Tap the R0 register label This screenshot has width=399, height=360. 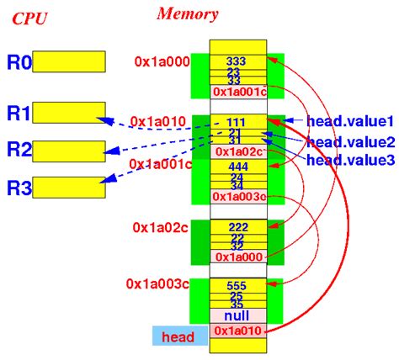[19, 61]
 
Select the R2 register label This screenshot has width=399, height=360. [19, 150]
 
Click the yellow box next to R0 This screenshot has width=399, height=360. [70, 61]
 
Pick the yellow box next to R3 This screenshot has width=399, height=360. [70, 186]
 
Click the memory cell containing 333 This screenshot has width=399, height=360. [238, 61]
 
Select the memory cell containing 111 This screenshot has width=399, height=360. [238, 123]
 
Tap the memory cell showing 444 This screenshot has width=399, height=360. [238, 167]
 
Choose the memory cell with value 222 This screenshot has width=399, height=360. [238, 229]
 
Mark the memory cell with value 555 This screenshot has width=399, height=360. [238, 286]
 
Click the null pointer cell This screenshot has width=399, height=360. [238, 315]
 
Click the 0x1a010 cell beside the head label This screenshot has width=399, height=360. [238, 331]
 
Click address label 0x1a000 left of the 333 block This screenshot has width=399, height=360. [162, 61]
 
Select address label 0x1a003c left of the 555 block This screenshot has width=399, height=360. [157, 283]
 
